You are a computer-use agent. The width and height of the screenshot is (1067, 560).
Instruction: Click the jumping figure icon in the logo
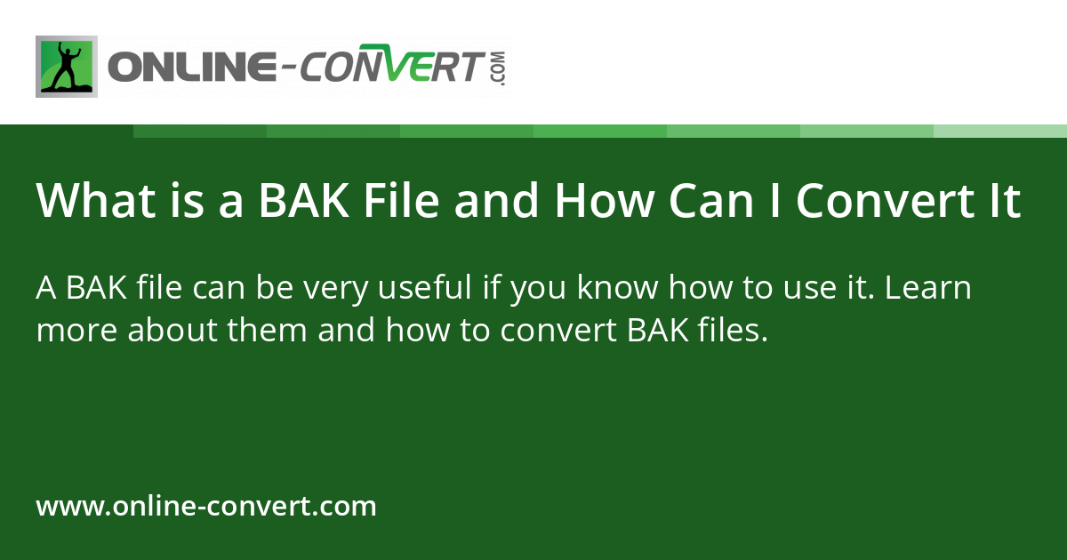pos(67,67)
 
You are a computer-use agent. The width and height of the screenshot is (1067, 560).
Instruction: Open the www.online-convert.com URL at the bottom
pos(206,507)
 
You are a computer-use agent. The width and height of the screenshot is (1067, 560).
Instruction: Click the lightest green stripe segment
pos(1000,131)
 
